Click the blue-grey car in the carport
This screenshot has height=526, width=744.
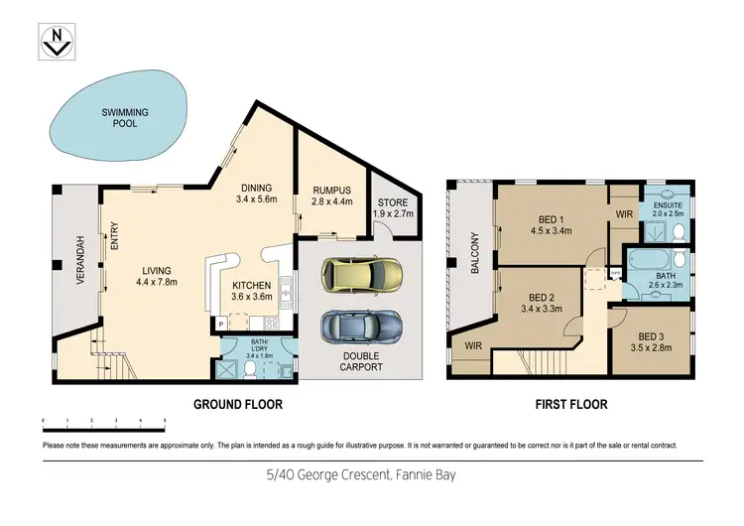(361, 325)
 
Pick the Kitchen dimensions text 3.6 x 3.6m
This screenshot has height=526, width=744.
(251, 296)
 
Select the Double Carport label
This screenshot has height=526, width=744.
(361, 359)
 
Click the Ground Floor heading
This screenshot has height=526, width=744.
(237, 405)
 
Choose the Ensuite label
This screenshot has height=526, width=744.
(660, 202)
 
